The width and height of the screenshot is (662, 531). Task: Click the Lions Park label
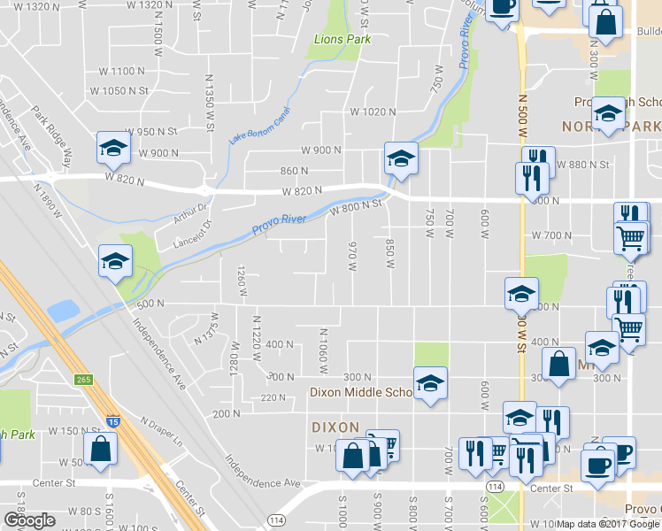click(x=343, y=39)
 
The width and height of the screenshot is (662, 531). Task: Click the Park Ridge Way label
click(x=53, y=134)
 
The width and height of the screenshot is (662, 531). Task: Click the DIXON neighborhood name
click(x=335, y=427)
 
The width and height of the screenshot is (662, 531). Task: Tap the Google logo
click(x=30, y=520)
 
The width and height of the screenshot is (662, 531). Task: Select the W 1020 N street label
click(x=372, y=112)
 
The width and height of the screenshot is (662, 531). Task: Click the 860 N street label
click(x=295, y=171)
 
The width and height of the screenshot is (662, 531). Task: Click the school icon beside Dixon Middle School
click(x=430, y=383)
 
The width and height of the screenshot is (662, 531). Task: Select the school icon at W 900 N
click(x=113, y=147)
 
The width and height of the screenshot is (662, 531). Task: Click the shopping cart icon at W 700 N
click(x=629, y=236)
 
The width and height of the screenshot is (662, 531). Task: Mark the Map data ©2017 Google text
click(x=608, y=524)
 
